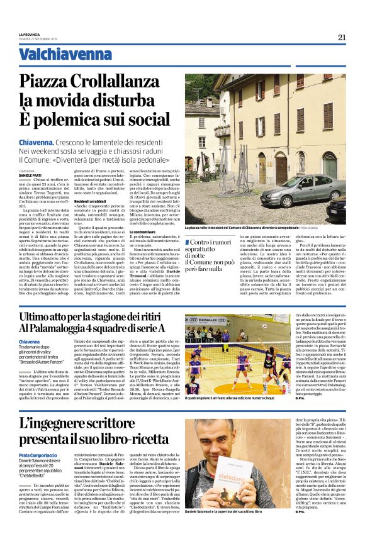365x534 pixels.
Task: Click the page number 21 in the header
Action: click(342, 37)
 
